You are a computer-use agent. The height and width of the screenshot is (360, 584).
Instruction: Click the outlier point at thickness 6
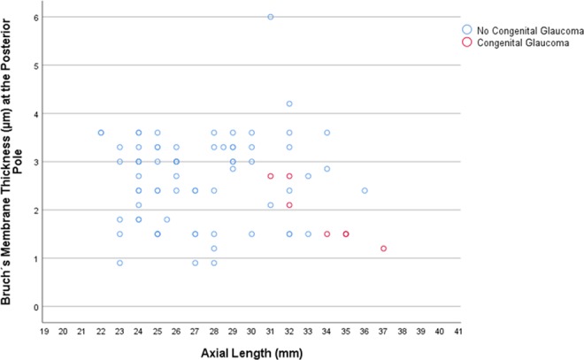[x=271, y=17]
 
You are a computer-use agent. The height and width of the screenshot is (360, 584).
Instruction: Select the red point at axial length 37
[x=383, y=249]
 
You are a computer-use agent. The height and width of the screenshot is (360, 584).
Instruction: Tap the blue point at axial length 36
[x=365, y=190]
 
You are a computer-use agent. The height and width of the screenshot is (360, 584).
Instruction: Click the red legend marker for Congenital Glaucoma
[x=465, y=42]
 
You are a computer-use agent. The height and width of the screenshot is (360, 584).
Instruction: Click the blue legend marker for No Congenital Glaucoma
[x=465, y=31]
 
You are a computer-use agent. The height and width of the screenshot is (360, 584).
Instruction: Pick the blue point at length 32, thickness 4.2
[x=289, y=103]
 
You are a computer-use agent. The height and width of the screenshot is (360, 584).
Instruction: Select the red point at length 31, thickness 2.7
[x=271, y=176]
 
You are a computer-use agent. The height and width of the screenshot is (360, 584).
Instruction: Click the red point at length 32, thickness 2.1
[x=289, y=205]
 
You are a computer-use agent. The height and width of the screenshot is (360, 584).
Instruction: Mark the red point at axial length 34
[x=327, y=234]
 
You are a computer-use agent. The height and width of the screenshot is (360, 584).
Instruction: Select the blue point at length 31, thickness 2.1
[x=271, y=205]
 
